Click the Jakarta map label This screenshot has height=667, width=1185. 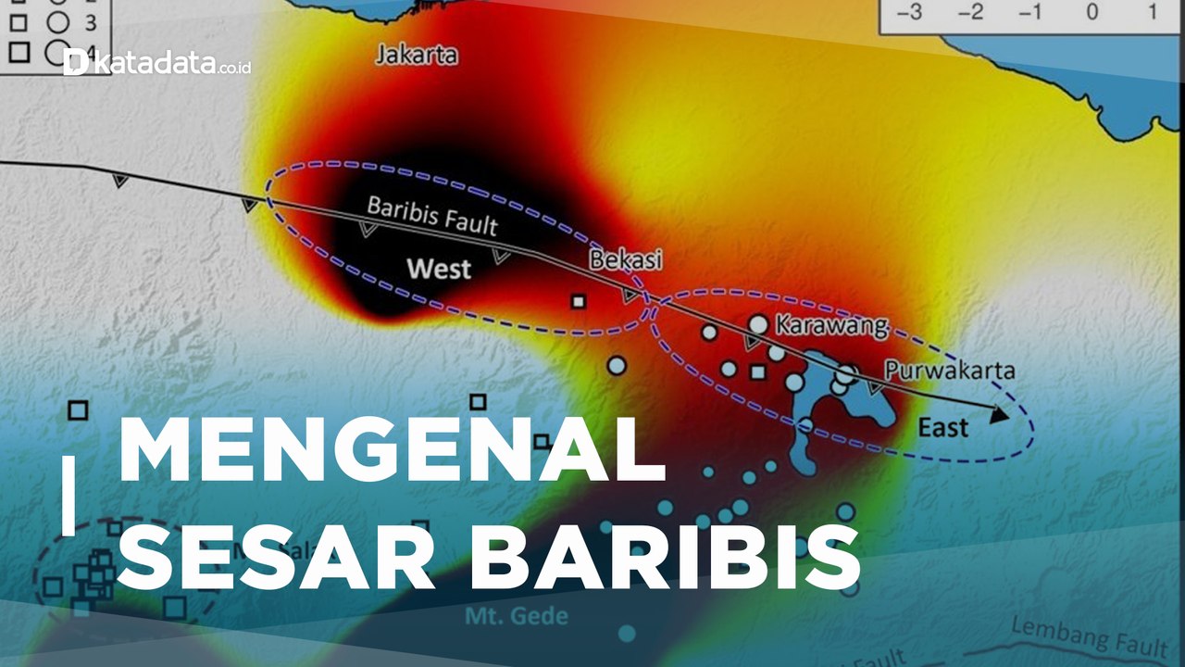[417, 55]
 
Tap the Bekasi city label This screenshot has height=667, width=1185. [627, 261]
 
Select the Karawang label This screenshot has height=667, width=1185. [830, 326]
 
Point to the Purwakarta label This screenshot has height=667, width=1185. [949, 371]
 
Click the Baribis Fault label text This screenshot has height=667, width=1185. [432, 216]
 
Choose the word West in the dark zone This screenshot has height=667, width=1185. [439, 270]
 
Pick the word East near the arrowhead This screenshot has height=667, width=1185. [943, 427]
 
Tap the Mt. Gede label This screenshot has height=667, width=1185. [516, 616]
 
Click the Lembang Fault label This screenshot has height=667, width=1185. [1088, 636]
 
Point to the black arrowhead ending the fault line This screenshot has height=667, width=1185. [997, 415]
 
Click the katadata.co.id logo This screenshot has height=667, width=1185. [157, 63]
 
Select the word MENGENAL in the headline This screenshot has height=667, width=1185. [392, 451]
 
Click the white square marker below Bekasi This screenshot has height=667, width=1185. [579, 301]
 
